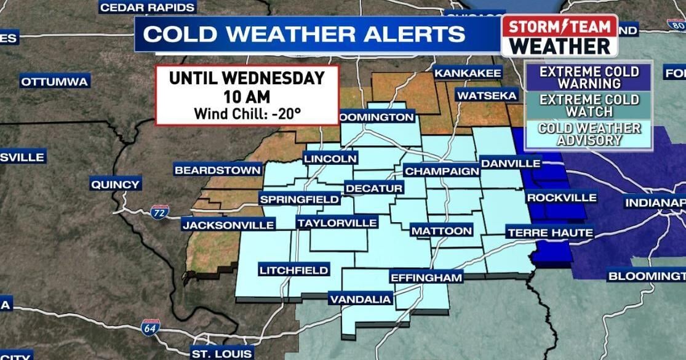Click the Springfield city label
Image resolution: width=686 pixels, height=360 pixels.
(x=300, y=199)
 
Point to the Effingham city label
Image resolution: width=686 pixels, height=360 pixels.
(x=426, y=278)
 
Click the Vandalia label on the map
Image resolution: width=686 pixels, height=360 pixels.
(x=361, y=299)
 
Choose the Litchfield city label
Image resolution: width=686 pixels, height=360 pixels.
(x=293, y=270)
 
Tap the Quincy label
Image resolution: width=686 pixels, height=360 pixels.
(x=115, y=184)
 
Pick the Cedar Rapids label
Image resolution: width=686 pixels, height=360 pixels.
(x=148, y=7)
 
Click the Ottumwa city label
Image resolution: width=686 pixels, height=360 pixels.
(x=55, y=81)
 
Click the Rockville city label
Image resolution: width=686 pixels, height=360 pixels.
(x=561, y=198)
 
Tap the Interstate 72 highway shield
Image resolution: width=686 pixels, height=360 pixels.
(x=159, y=212)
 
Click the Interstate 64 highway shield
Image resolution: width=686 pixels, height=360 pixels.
(x=150, y=326)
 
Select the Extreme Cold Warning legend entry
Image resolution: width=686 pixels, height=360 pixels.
(x=589, y=78)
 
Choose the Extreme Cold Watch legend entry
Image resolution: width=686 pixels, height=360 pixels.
(x=589, y=106)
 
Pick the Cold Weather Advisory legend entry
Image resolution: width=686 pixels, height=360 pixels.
(x=589, y=134)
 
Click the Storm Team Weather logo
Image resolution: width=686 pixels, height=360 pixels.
(x=559, y=36)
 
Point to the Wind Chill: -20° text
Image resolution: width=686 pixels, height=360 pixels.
(x=247, y=113)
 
